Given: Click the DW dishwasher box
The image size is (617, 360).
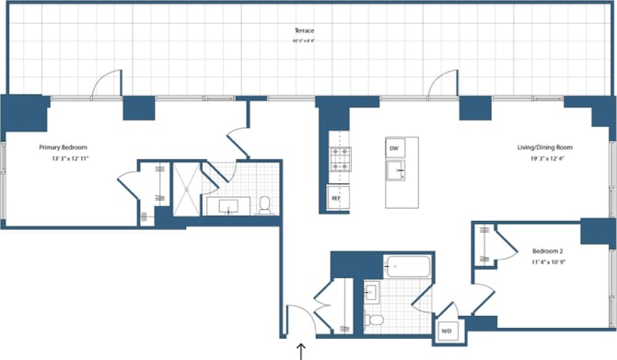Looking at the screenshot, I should click(393, 148).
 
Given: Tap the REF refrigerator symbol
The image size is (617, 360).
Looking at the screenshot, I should click(337, 197).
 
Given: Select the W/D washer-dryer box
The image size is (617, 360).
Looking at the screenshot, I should click(447, 331).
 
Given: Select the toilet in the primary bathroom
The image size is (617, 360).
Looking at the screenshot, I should click(264, 205).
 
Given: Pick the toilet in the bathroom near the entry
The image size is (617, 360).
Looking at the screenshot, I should click(374, 320).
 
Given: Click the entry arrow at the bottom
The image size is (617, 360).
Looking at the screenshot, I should click(302, 349).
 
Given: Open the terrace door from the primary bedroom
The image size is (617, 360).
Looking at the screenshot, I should click(106, 85).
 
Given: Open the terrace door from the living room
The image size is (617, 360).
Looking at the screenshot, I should click(443, 85).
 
